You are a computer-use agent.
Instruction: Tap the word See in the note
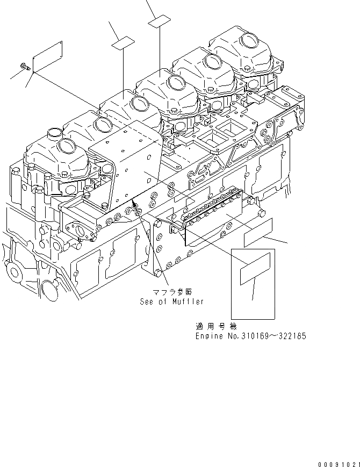tap(146, 301)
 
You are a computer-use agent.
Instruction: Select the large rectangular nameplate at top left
tap(48, 55)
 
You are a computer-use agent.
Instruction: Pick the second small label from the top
tap(123, 42)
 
